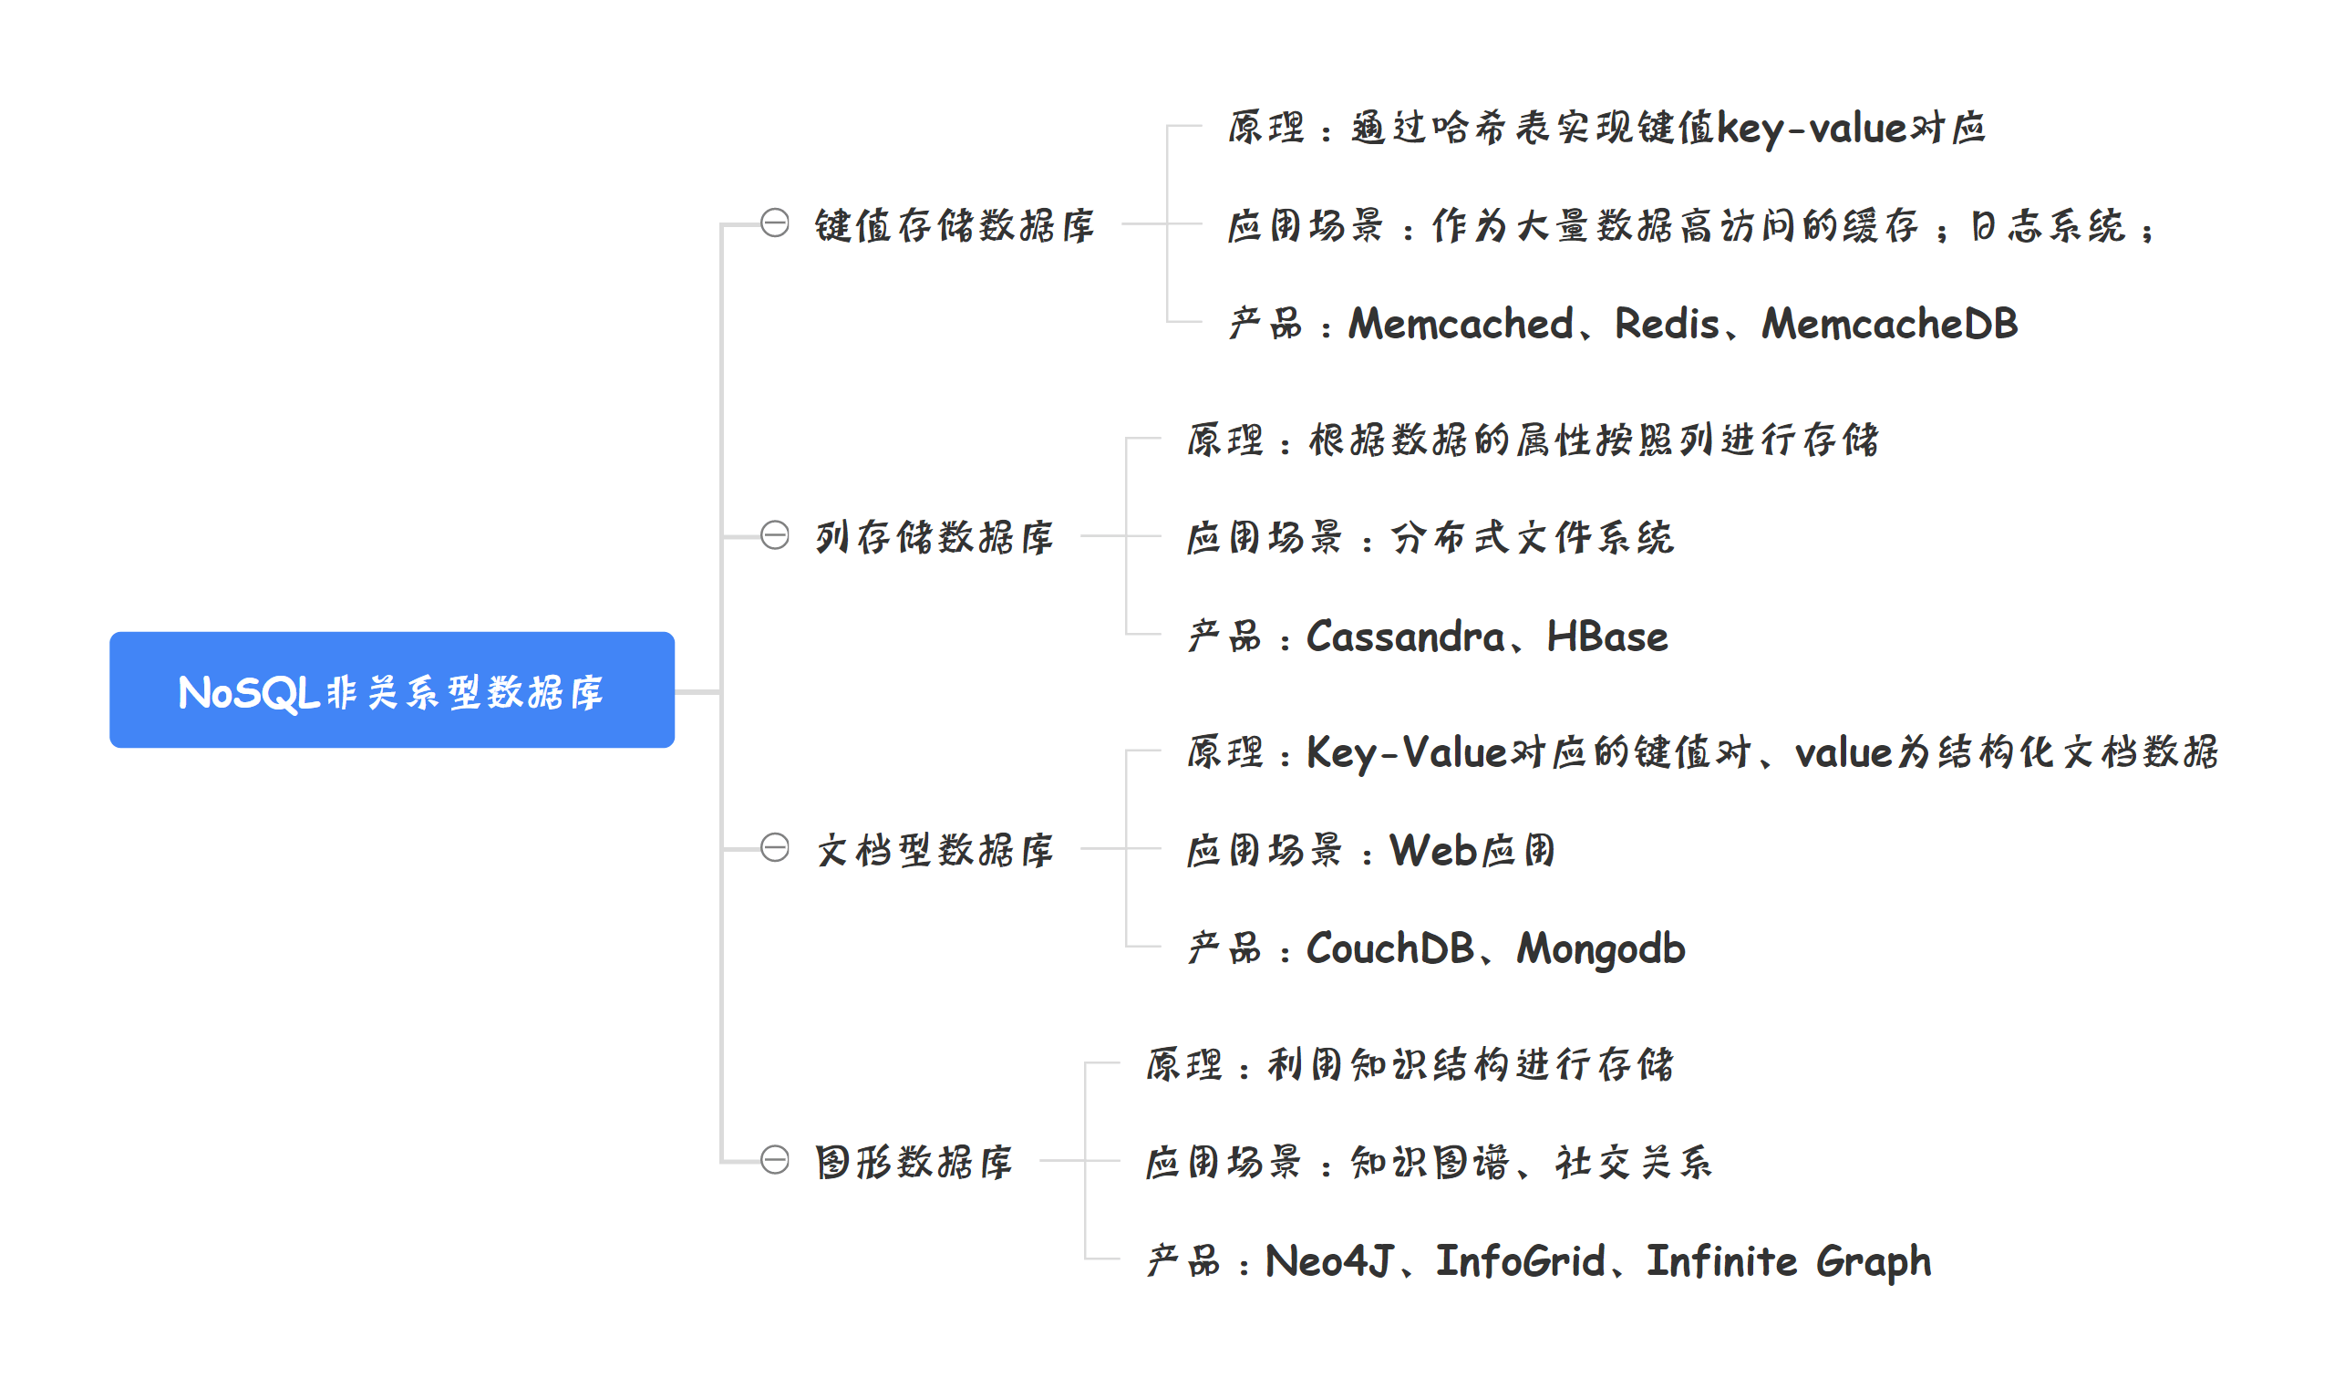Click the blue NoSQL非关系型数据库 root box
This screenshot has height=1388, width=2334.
click(x=392, y=690)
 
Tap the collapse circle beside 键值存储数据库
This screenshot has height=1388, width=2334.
click(x=774, y=223)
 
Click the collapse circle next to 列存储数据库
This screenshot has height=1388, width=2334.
click(x=774, y=535)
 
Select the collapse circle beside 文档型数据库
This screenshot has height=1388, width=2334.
click(x=774, y=847)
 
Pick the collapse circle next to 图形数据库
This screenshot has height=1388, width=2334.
click(x=774, y=1160)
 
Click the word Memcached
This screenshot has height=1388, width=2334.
click(x=1461, y=324)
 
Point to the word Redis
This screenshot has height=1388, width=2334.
click(x=1667, y=324)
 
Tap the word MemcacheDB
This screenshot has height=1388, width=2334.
click(x=1889, y=324)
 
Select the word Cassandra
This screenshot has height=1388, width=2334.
click(x=1405, y=637)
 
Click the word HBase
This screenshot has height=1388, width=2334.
click(x=1606, y=637)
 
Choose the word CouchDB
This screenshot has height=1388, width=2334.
click(x=1389, y=949)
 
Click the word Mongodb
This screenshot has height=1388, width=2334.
click(x=1601, y=949)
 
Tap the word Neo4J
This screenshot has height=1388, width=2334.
click(x=1328, y=1262)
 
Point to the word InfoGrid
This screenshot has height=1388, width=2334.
click(x=1521, y=1262)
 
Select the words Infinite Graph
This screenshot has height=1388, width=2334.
click(x=1788, y=1262)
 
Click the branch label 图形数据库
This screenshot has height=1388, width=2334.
click(x=914, y=1162)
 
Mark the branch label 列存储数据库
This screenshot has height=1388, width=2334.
click(x=935, y=537)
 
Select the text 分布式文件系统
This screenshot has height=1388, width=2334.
click(x=1532, y=538)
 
